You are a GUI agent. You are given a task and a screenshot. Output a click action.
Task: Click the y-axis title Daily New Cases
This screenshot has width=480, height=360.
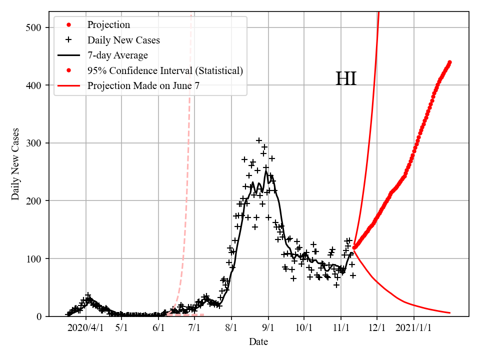point(15,163)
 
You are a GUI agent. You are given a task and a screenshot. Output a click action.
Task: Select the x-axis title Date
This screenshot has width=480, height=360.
point(258,342)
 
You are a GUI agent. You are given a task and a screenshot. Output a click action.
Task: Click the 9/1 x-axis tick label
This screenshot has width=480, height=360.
point(268,328)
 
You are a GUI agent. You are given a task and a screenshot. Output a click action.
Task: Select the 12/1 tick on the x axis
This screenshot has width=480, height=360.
point(377,328)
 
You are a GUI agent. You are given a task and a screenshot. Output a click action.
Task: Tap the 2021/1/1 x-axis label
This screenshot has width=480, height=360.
point(414,328)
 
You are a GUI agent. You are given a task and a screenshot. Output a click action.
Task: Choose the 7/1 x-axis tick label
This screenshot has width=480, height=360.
point(194,328)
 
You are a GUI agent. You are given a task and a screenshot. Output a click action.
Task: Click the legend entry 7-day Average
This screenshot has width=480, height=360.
point(117,55)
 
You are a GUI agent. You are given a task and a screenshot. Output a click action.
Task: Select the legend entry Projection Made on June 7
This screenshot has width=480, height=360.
point(143,85)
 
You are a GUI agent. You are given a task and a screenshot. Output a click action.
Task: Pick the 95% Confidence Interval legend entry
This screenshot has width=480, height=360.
point(165,70)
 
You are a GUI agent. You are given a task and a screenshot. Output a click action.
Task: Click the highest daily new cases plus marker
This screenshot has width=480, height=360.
point(259,140)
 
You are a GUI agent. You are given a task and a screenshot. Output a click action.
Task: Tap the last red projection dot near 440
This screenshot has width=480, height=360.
point(449,62)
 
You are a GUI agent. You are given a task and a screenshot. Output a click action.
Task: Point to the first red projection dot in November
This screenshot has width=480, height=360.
point(354,247)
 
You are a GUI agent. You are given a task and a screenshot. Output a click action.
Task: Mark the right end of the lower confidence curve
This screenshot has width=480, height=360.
point(450,313)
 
